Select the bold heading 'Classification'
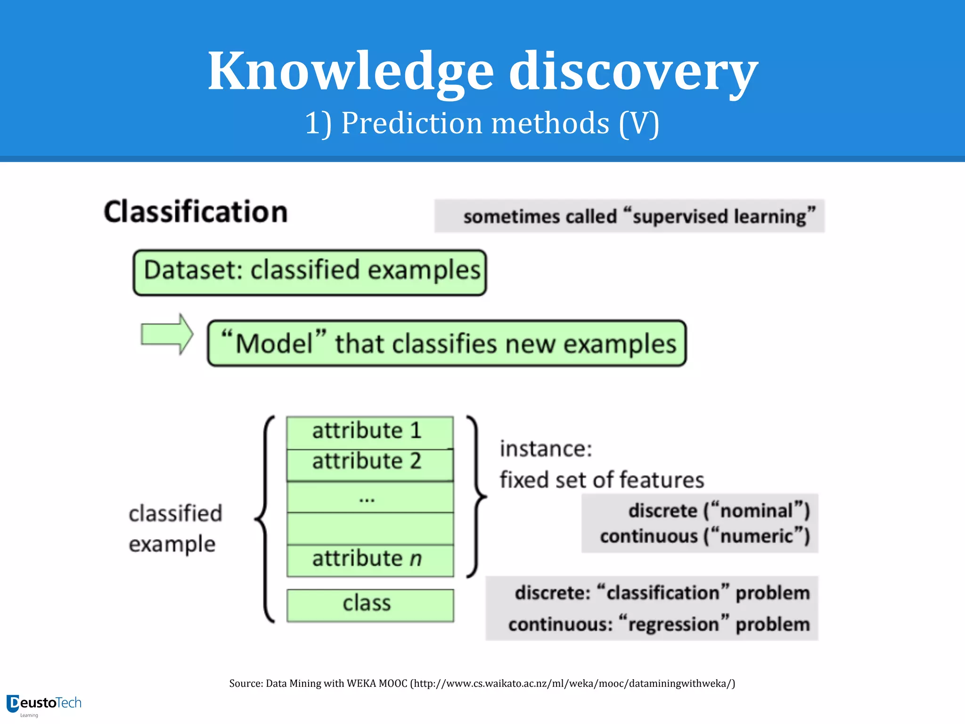pos(196,212)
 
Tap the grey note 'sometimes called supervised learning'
pos(629,216)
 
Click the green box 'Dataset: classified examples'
pos(310,272)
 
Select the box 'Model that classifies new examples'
pos(447,343)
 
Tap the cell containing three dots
pos(370,497)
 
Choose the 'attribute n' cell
pos(370,559)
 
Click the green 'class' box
pos(370,605)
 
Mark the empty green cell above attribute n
pos(370,529)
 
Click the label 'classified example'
pos(175,528)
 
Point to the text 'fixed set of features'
pos(602,480)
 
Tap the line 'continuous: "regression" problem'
pos(658,624)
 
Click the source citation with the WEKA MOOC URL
pos(482,683)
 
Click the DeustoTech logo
pos(44,704)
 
